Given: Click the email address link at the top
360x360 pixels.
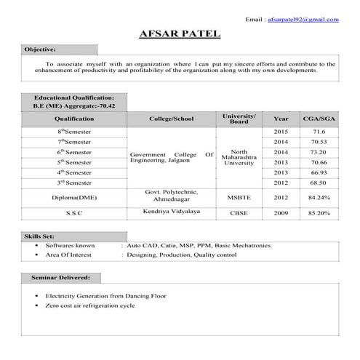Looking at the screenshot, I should [303, 19].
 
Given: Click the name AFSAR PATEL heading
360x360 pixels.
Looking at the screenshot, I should [180, 34].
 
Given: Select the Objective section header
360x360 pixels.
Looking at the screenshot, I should [40, 49].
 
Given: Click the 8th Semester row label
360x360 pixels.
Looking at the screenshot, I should [74, 131].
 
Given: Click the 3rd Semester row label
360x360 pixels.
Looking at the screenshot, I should [74, 183].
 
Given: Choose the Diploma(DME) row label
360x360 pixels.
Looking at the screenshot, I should [74, 197].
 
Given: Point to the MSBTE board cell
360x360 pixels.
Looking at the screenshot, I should [239, 197].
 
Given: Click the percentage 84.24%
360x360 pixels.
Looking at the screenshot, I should [319, 197].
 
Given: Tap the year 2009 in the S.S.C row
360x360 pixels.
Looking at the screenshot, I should [281, 213].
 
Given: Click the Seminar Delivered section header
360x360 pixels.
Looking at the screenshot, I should [60, 278].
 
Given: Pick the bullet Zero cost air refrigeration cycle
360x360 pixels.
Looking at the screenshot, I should [90, 306].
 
